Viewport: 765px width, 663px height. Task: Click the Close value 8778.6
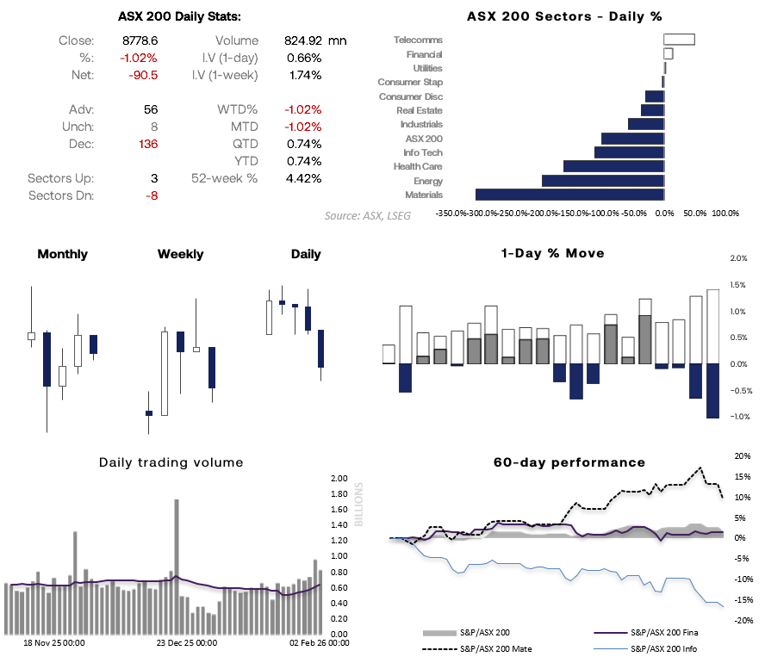pyautogui.click(x=141, y=40)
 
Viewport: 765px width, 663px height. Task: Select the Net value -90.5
pyautogui.click(x=143, y=75)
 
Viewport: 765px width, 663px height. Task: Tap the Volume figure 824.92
pyautogui.click(x=302, y=40)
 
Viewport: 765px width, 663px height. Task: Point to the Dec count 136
pyautogui.click(x=147, y=144)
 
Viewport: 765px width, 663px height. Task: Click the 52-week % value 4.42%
pyautogui.click(x=302, y=178)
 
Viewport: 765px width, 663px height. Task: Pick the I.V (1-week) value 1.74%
pyautogui.click(x=304, y=75)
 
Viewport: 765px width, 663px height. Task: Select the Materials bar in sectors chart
pyautogui.click(x=569, y=195)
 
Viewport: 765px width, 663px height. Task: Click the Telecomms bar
pyautogui.click(x=679, y=40)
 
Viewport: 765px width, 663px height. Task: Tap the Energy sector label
pyautogui.click(x=428, y=181)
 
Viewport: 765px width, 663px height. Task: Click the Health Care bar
pyautogui.click(x=613, y=166)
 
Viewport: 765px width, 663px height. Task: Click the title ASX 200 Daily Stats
pyautogui.click(x=179, y=15)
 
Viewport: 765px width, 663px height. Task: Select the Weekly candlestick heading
pyautogui.click(x=181, y=254)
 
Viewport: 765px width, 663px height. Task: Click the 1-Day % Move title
pyautogui.click(x=552, y=253)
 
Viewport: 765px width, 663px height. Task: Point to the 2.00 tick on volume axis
pyautogui.click(x=339, y=479)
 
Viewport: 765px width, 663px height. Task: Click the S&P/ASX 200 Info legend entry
pyautogui.click(x=663, y=648)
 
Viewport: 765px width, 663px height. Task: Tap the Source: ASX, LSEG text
pyautogui.click(x=367, y=215)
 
